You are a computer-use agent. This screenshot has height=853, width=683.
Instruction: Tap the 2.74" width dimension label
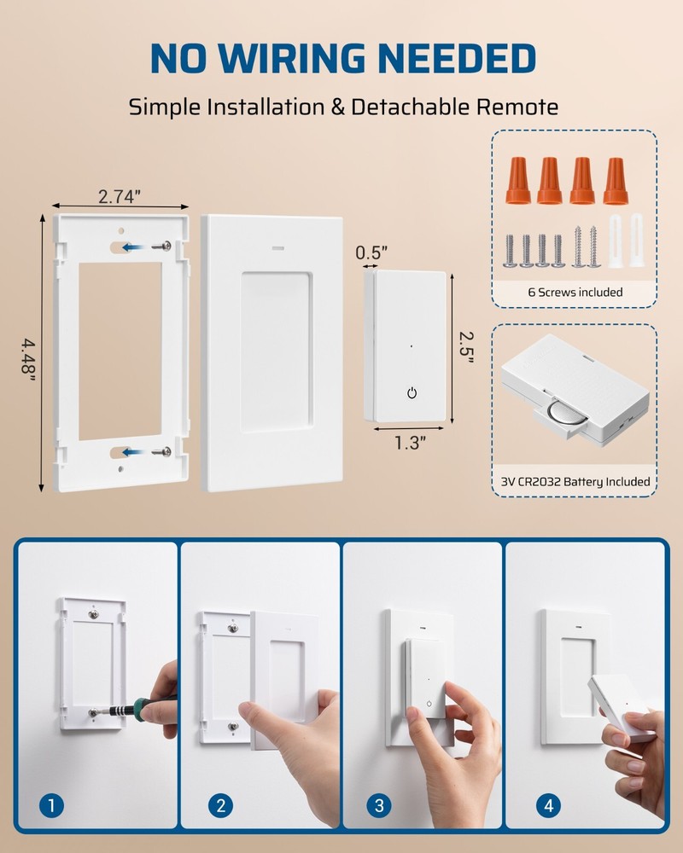click(x=120, y=196)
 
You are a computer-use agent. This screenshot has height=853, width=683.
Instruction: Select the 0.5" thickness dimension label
click(x=371, y=252)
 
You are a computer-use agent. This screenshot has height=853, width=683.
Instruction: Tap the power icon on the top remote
click(x=412, y=392)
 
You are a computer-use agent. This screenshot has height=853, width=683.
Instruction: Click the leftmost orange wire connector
click(x=517, y=180)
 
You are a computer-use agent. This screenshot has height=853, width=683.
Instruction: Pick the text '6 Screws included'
click(x=575, y=293)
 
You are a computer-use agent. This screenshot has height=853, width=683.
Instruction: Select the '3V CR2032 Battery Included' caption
click(x=575, y=482)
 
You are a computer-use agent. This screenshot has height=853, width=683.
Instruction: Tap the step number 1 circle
click(x=53, y=804)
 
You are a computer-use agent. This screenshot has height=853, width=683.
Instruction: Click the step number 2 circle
click(x=220, y=804)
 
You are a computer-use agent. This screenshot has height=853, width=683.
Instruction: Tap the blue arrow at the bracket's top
click(x=131, y=247)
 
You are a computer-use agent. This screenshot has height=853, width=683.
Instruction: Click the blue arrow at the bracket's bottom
click(x=131, y=451)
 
